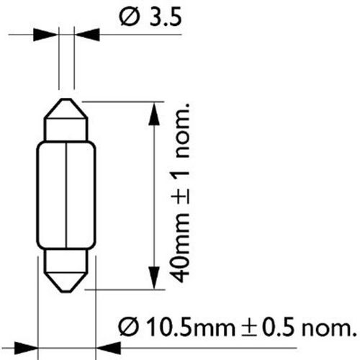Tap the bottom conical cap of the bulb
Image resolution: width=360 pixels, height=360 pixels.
point(66,270)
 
